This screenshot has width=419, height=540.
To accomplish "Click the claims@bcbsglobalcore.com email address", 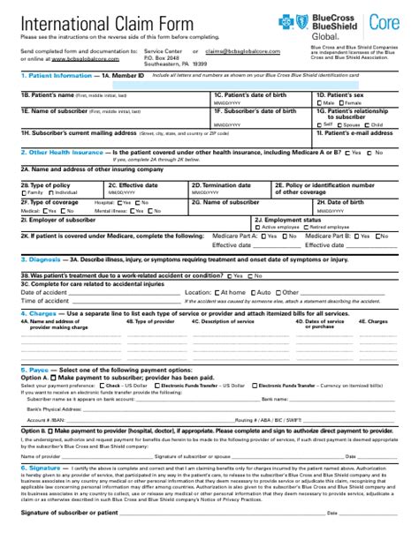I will [x=232, y=52].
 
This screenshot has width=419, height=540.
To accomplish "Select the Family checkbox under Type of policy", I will [x=24, y=192].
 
